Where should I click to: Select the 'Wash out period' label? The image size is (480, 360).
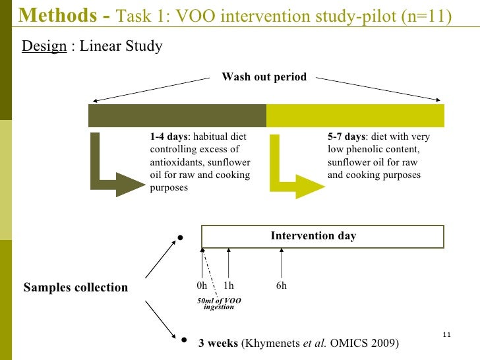point(264,77)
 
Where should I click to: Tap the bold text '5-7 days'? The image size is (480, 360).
point(346,137)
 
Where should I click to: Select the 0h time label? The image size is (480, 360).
point(202,286)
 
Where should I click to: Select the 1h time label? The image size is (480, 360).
point(229,286)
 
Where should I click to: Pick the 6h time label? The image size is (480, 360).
point(282,286)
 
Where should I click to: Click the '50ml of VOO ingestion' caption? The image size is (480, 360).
point(220,303)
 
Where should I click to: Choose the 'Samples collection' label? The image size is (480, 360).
point(75,287)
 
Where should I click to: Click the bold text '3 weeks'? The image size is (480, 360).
point(218,344)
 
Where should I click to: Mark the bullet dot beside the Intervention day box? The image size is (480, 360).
point(180,237)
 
